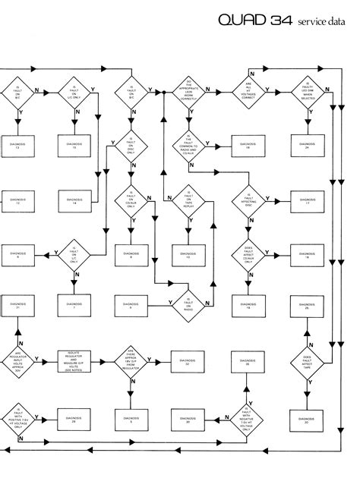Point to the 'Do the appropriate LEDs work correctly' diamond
188,90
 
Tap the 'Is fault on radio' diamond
188,304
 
